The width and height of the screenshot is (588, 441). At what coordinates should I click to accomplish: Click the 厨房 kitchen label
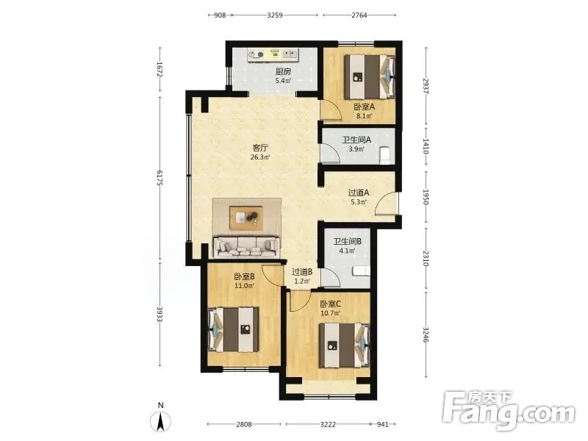point(283,71)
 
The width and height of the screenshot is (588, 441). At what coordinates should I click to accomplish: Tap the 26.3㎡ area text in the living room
point(260,157)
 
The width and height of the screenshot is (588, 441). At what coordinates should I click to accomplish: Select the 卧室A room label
point(364,107)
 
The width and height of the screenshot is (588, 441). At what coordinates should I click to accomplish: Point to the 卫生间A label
point(356,140)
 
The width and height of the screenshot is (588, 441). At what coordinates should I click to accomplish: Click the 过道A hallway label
point(359,193)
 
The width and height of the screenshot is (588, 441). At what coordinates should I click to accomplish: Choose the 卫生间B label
point(347,242)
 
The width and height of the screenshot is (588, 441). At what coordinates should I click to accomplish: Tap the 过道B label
point(302,271)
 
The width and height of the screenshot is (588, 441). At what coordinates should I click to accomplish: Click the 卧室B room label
point(244,277)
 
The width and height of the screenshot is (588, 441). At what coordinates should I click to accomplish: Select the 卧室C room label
point(330,304)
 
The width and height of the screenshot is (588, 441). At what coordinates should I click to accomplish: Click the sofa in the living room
point(245,247)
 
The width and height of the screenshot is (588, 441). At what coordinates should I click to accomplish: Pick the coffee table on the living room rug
point(246,218)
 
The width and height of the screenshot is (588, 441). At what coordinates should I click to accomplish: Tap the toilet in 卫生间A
point(385,156)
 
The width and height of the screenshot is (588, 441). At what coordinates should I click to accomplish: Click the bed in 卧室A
point(370,77)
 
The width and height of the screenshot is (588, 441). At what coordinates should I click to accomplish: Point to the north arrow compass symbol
point(160,421)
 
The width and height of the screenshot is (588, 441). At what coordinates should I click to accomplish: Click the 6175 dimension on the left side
point(159,178)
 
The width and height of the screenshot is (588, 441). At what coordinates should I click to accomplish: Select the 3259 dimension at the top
point(275,15)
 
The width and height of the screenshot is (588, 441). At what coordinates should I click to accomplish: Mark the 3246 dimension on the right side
point(426,334)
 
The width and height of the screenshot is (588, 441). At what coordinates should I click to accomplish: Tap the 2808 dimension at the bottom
point(244,425)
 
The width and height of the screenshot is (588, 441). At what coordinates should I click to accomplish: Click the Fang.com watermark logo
point(508,411)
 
